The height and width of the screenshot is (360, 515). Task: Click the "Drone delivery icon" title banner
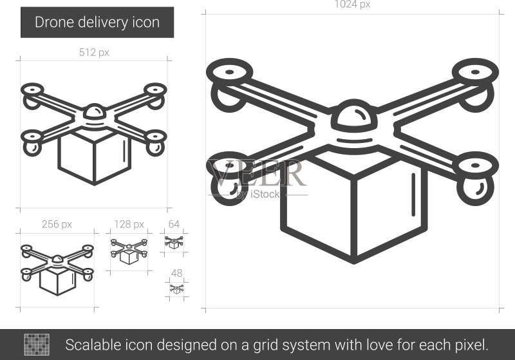tap(97, 23)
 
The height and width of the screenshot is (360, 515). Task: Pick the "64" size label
tap(174, 224)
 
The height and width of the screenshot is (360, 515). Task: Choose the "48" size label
tap(176, 273)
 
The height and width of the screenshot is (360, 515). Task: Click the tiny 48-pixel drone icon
tap(176, 289)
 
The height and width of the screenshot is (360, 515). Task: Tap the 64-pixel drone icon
tap(174, 242)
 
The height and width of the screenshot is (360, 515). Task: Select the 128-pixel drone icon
tap(129, 252)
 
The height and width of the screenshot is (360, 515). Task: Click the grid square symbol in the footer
tap(37, 345)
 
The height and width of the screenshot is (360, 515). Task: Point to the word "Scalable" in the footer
tap(93, 345)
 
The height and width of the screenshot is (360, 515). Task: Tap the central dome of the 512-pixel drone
tap(94, 112)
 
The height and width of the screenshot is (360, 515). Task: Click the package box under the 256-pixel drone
tap(57, 280)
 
